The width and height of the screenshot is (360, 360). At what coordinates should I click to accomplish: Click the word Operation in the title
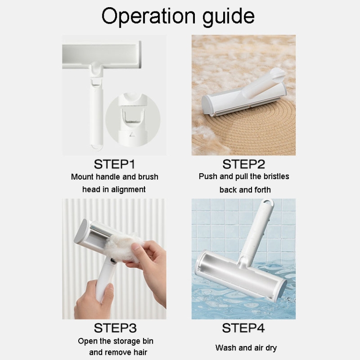pyautogui.click(x=148, y=16)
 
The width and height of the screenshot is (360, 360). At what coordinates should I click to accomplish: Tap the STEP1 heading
pyautogui.click(x=114, y=164)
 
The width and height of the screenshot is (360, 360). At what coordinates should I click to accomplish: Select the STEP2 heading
pyautogui.click(x=243, y=164)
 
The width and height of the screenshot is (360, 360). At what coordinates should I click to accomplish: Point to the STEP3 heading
pyautogui.click(x=115, y=328)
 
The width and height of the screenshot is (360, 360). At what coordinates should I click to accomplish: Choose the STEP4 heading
pyautogui.click(x=243, y=328)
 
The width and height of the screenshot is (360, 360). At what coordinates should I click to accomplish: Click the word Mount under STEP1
pyautogui.click(x=82, y=177)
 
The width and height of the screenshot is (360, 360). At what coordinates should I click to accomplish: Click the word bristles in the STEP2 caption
pyautogui.click(x=276, y=176)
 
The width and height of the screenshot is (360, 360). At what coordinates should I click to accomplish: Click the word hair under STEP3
pyautogui.click(x=140, y=352)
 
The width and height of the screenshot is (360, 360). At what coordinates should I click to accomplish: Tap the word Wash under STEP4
pyautogui.click(x=226, y=348)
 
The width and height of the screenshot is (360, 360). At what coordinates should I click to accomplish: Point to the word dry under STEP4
pyautogui.click(x=271, y=348)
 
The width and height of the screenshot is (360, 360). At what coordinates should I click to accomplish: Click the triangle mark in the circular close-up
pyautogui.click(x=132, y=134)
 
